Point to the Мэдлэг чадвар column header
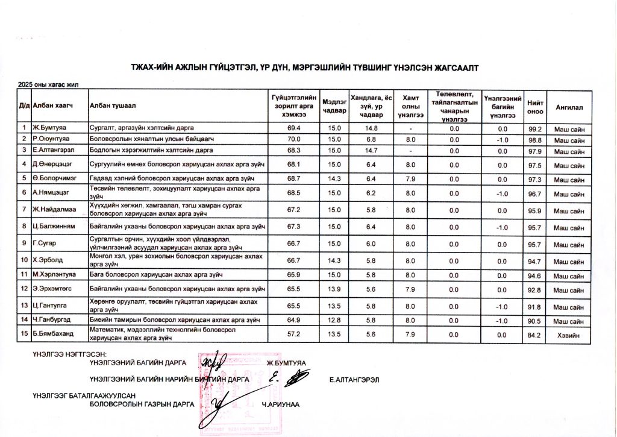point(334,106)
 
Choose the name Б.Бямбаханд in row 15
point(54,335)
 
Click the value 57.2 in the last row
point(294,335)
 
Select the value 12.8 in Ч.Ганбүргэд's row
point(334,320)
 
